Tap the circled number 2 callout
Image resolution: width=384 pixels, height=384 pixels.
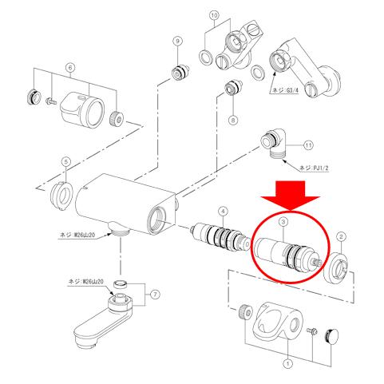pos(341,236)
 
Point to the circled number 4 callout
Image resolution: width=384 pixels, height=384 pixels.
pos(224,212)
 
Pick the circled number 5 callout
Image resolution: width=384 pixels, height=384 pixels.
pos(65,163)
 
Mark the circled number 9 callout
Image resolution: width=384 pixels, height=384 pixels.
pos(178,41)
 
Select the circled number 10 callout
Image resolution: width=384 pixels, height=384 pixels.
pos(213,15)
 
